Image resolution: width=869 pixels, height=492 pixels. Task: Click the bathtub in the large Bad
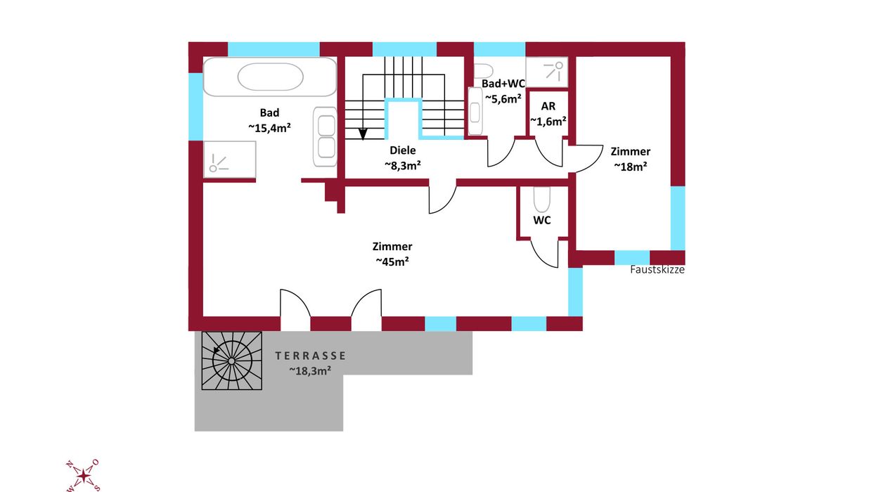point(269,77)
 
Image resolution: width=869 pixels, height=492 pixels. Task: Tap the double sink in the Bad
point(325,137)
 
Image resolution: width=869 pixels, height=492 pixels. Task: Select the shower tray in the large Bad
point(230,160)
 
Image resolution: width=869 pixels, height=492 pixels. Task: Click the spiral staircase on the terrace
point(231,361)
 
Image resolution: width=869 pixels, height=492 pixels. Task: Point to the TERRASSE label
point(310,356)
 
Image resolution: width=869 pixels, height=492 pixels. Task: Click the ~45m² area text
point(392,261)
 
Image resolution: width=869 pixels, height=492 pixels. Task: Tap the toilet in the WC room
point(541,200)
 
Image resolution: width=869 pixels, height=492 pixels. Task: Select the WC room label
point(542,220)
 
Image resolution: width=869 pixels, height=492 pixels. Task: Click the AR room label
point(548,106)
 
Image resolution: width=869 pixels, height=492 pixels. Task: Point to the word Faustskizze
point(657,269)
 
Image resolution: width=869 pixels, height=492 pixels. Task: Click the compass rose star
point(83,476)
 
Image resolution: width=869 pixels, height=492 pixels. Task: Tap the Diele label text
point(403,150)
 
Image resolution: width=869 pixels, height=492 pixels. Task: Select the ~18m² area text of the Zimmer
point(631,167)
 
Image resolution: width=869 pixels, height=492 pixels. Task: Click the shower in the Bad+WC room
point(547,72)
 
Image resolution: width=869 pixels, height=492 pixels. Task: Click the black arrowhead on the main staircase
point(363,134)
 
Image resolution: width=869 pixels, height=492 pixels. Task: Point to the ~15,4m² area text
point(269,128)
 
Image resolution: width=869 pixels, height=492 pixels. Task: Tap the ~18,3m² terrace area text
point(310,371)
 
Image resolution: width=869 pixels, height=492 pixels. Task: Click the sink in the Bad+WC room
point(475,111)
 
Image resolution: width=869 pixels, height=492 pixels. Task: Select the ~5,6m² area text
point(503,99)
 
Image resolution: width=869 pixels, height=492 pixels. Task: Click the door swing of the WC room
point(544,254)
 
